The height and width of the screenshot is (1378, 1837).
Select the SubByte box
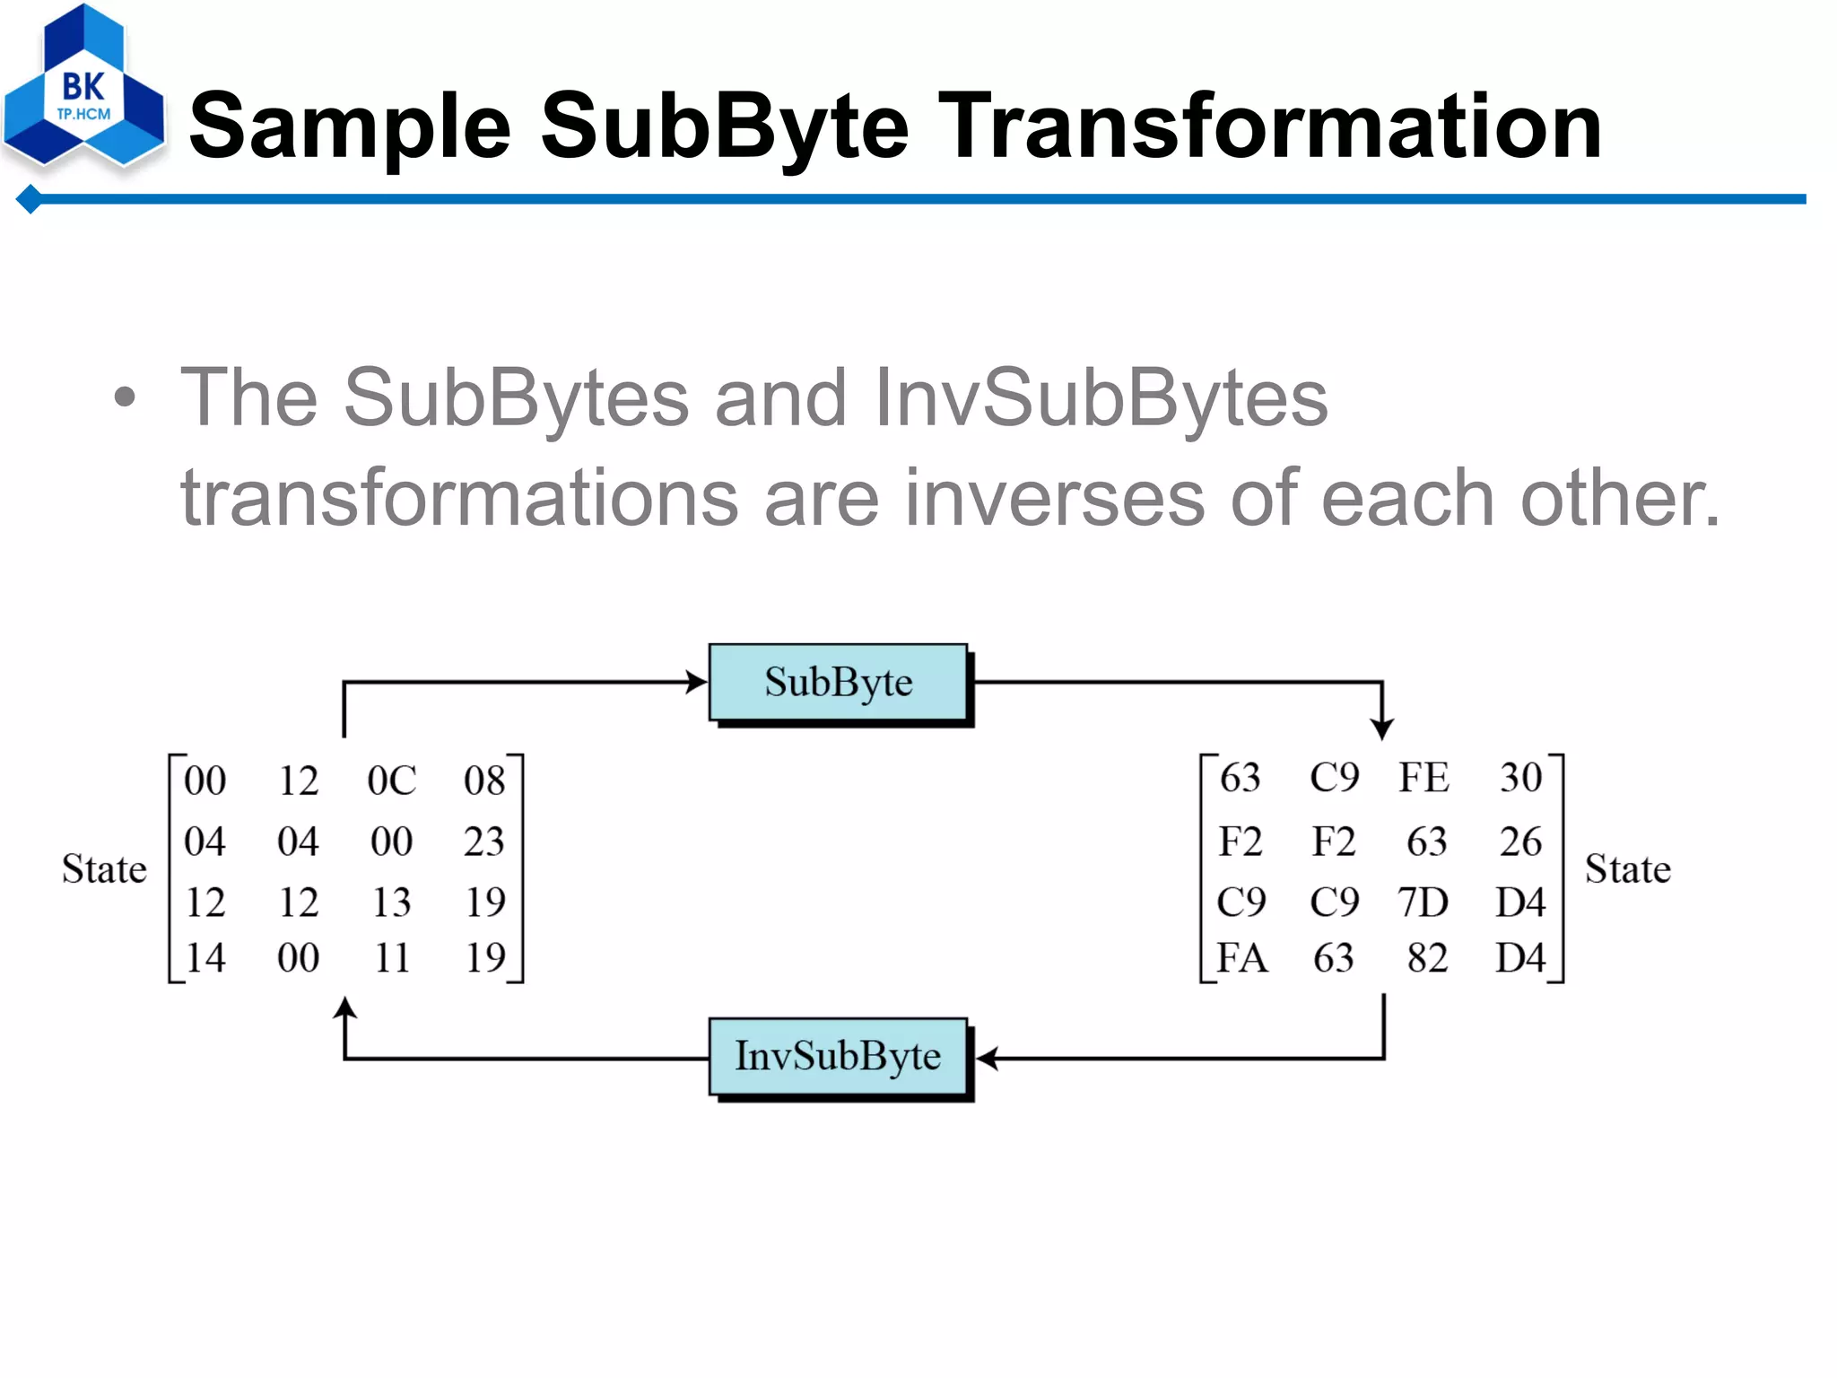click(838, 683)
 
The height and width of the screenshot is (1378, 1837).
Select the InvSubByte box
click(838, 1056)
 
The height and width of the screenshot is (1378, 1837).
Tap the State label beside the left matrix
click(104, 868)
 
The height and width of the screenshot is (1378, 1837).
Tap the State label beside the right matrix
click(1627, 868)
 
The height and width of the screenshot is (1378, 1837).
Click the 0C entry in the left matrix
click(392, 781)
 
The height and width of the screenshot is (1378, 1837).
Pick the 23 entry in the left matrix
click(484, 842)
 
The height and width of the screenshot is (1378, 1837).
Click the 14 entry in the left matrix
click(205, 958)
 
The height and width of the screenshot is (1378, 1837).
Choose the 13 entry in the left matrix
click(392, 902)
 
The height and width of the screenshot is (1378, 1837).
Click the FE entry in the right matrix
click(1423, 778)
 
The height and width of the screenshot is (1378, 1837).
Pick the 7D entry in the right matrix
click(1423, 902)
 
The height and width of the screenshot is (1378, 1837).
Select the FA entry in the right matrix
click(1241, 958)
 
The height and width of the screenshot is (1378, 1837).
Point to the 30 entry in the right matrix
click(1520, 778)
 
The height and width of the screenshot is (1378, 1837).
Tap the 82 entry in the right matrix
click(1426, 958)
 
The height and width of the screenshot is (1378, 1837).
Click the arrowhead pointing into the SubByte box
click(697, 682)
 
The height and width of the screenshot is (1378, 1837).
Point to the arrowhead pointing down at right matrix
click(1382, 728)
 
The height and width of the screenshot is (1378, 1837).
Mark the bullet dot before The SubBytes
click(126, 398)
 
